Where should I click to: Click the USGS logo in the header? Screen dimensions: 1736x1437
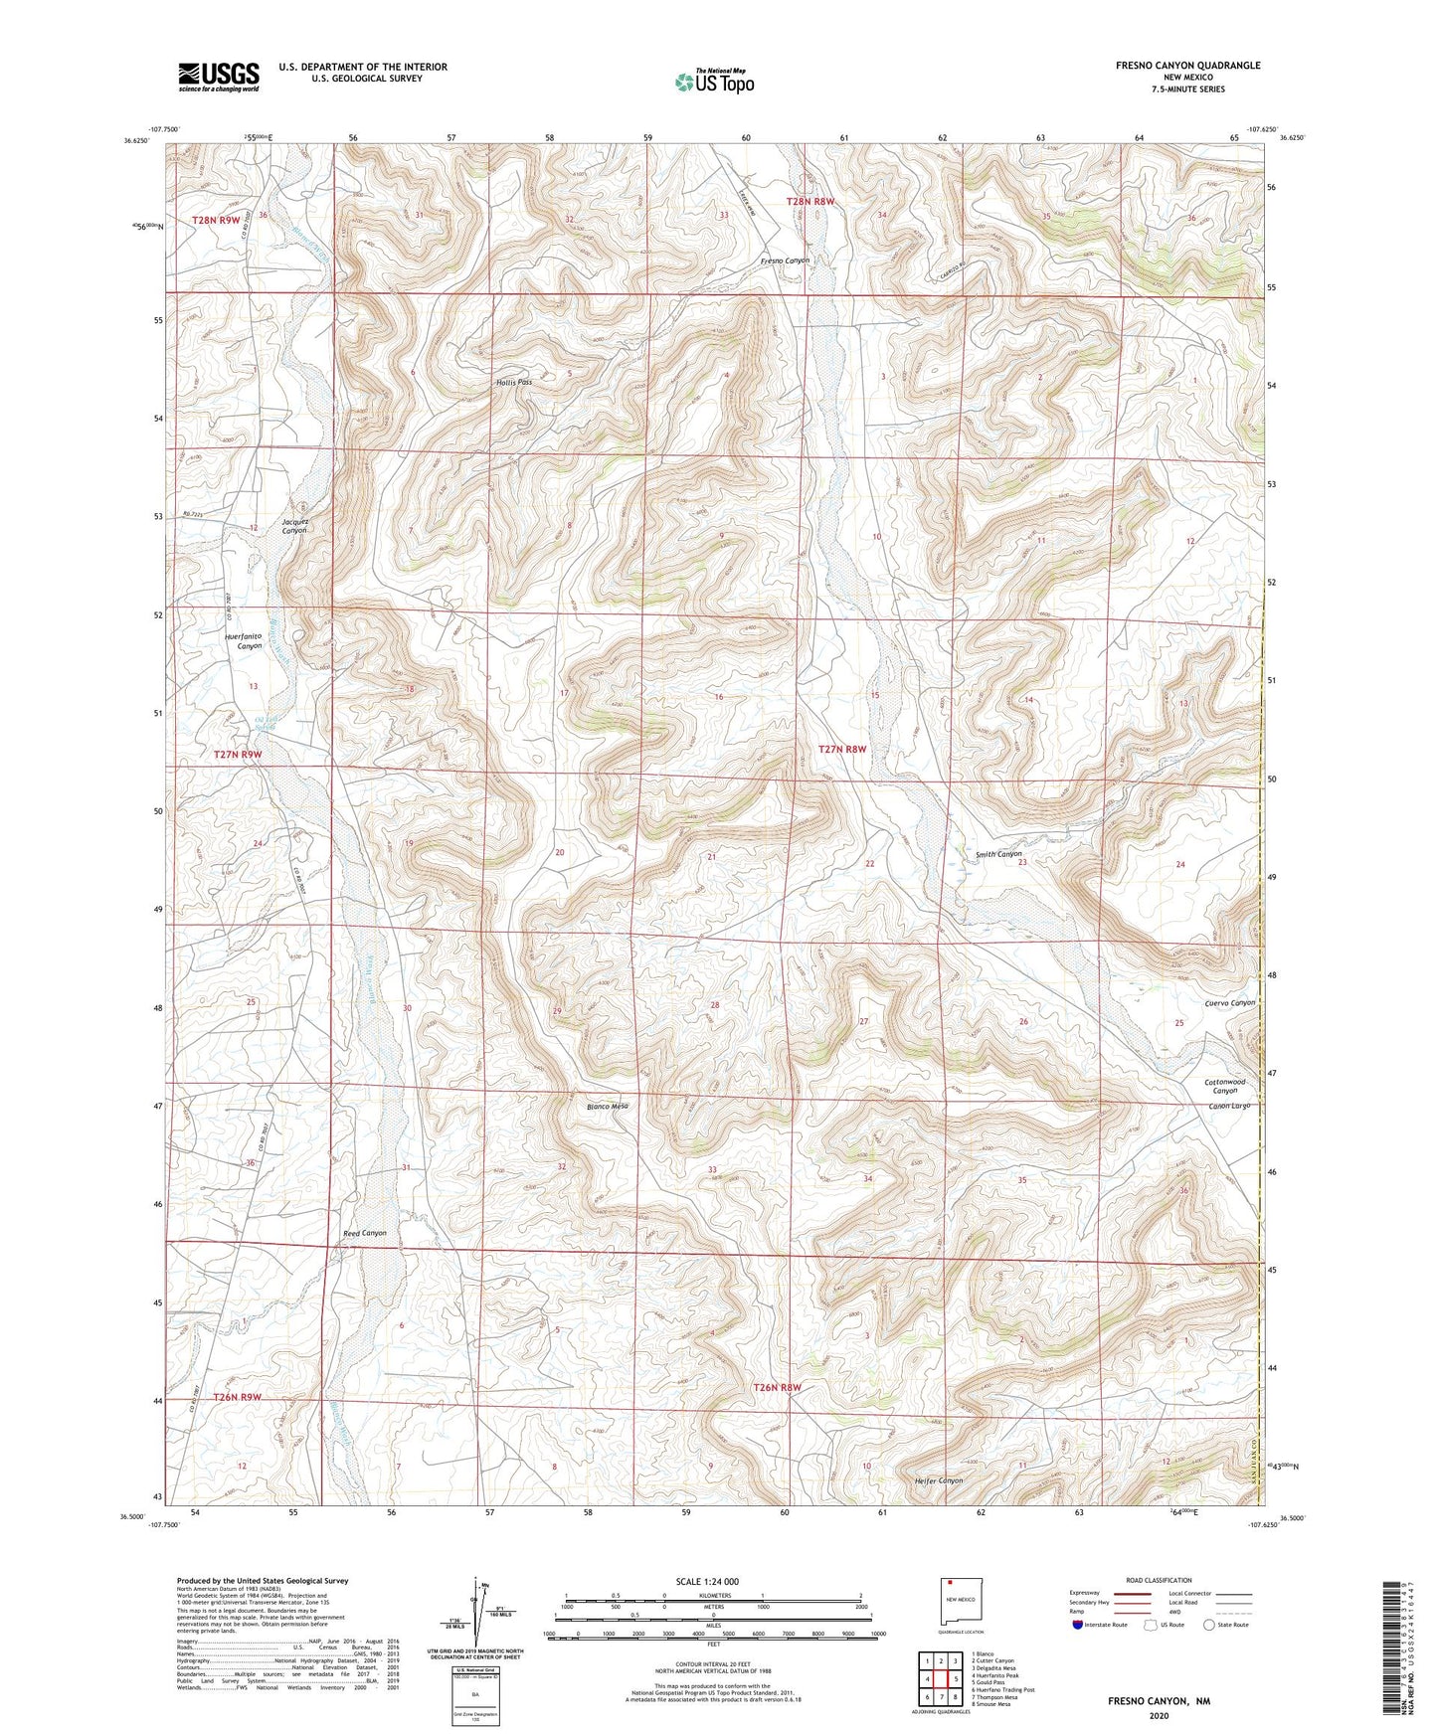click(x=219, y=76)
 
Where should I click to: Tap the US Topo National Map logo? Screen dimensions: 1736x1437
click(x=713, y=82)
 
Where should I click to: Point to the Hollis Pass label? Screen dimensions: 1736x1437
click(x=514, y=382)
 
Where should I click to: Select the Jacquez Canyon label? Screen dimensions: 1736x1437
click(x=294, y=525)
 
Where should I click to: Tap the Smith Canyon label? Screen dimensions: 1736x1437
click(x=998, y=854)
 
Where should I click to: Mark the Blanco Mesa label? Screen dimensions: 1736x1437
click(x=607, y=1106)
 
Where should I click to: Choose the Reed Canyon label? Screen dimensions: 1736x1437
click(x=364, y=1233)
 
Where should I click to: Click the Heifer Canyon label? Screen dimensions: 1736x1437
click(x=938, y=1480)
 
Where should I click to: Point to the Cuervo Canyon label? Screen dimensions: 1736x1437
click(x=1229, y=1002)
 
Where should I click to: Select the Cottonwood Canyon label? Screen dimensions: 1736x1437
click(x=1224, y=1086)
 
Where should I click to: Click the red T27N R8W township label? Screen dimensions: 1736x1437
click(x=841, y=749)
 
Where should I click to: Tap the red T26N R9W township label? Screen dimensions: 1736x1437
click(x=237, y=1397)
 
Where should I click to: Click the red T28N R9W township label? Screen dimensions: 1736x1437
click(x=216, y=220)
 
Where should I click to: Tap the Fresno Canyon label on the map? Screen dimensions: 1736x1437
click(x=785, y=260)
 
